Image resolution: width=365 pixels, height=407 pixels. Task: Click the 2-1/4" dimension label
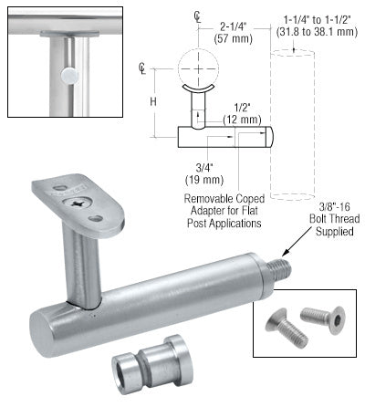pos(233,27)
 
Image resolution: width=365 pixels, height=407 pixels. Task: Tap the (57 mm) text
pos(233,39)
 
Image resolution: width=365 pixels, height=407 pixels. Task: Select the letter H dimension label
pos(153,101)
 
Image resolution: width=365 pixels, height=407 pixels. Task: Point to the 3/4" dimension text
pos(204,168)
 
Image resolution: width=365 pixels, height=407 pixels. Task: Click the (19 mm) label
pos(204,180)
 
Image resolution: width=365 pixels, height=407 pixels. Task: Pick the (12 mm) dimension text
pos(242,120)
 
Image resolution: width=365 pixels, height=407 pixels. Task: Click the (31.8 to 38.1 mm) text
pos(317,32)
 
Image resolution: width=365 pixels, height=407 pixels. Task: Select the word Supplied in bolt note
pos(334,232)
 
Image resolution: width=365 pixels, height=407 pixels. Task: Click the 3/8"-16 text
pos(334,207)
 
